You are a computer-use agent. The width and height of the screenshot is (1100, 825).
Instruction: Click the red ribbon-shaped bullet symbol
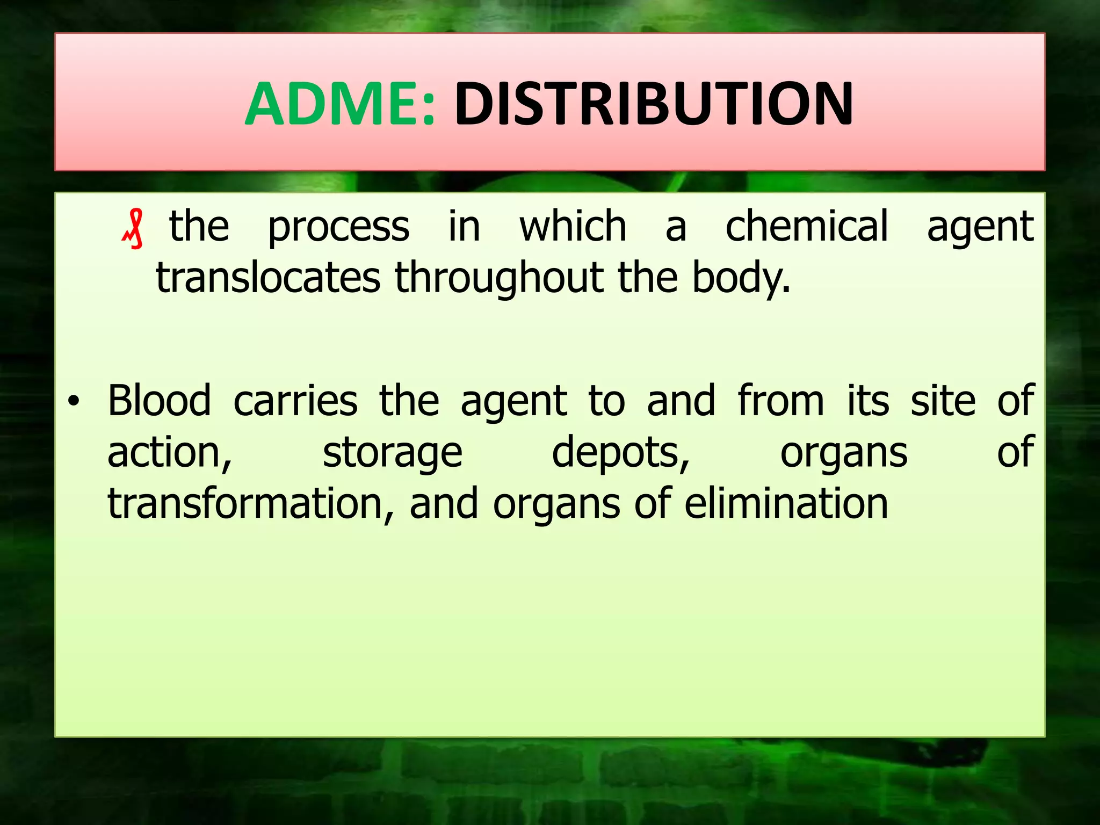click(x=133, y=229)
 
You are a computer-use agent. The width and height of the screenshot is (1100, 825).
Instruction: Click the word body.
click(x=740, y=278)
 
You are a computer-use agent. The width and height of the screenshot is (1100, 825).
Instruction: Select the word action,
click(x=170, y=453)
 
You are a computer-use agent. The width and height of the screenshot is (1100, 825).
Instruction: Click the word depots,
click(x=620, y=453)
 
